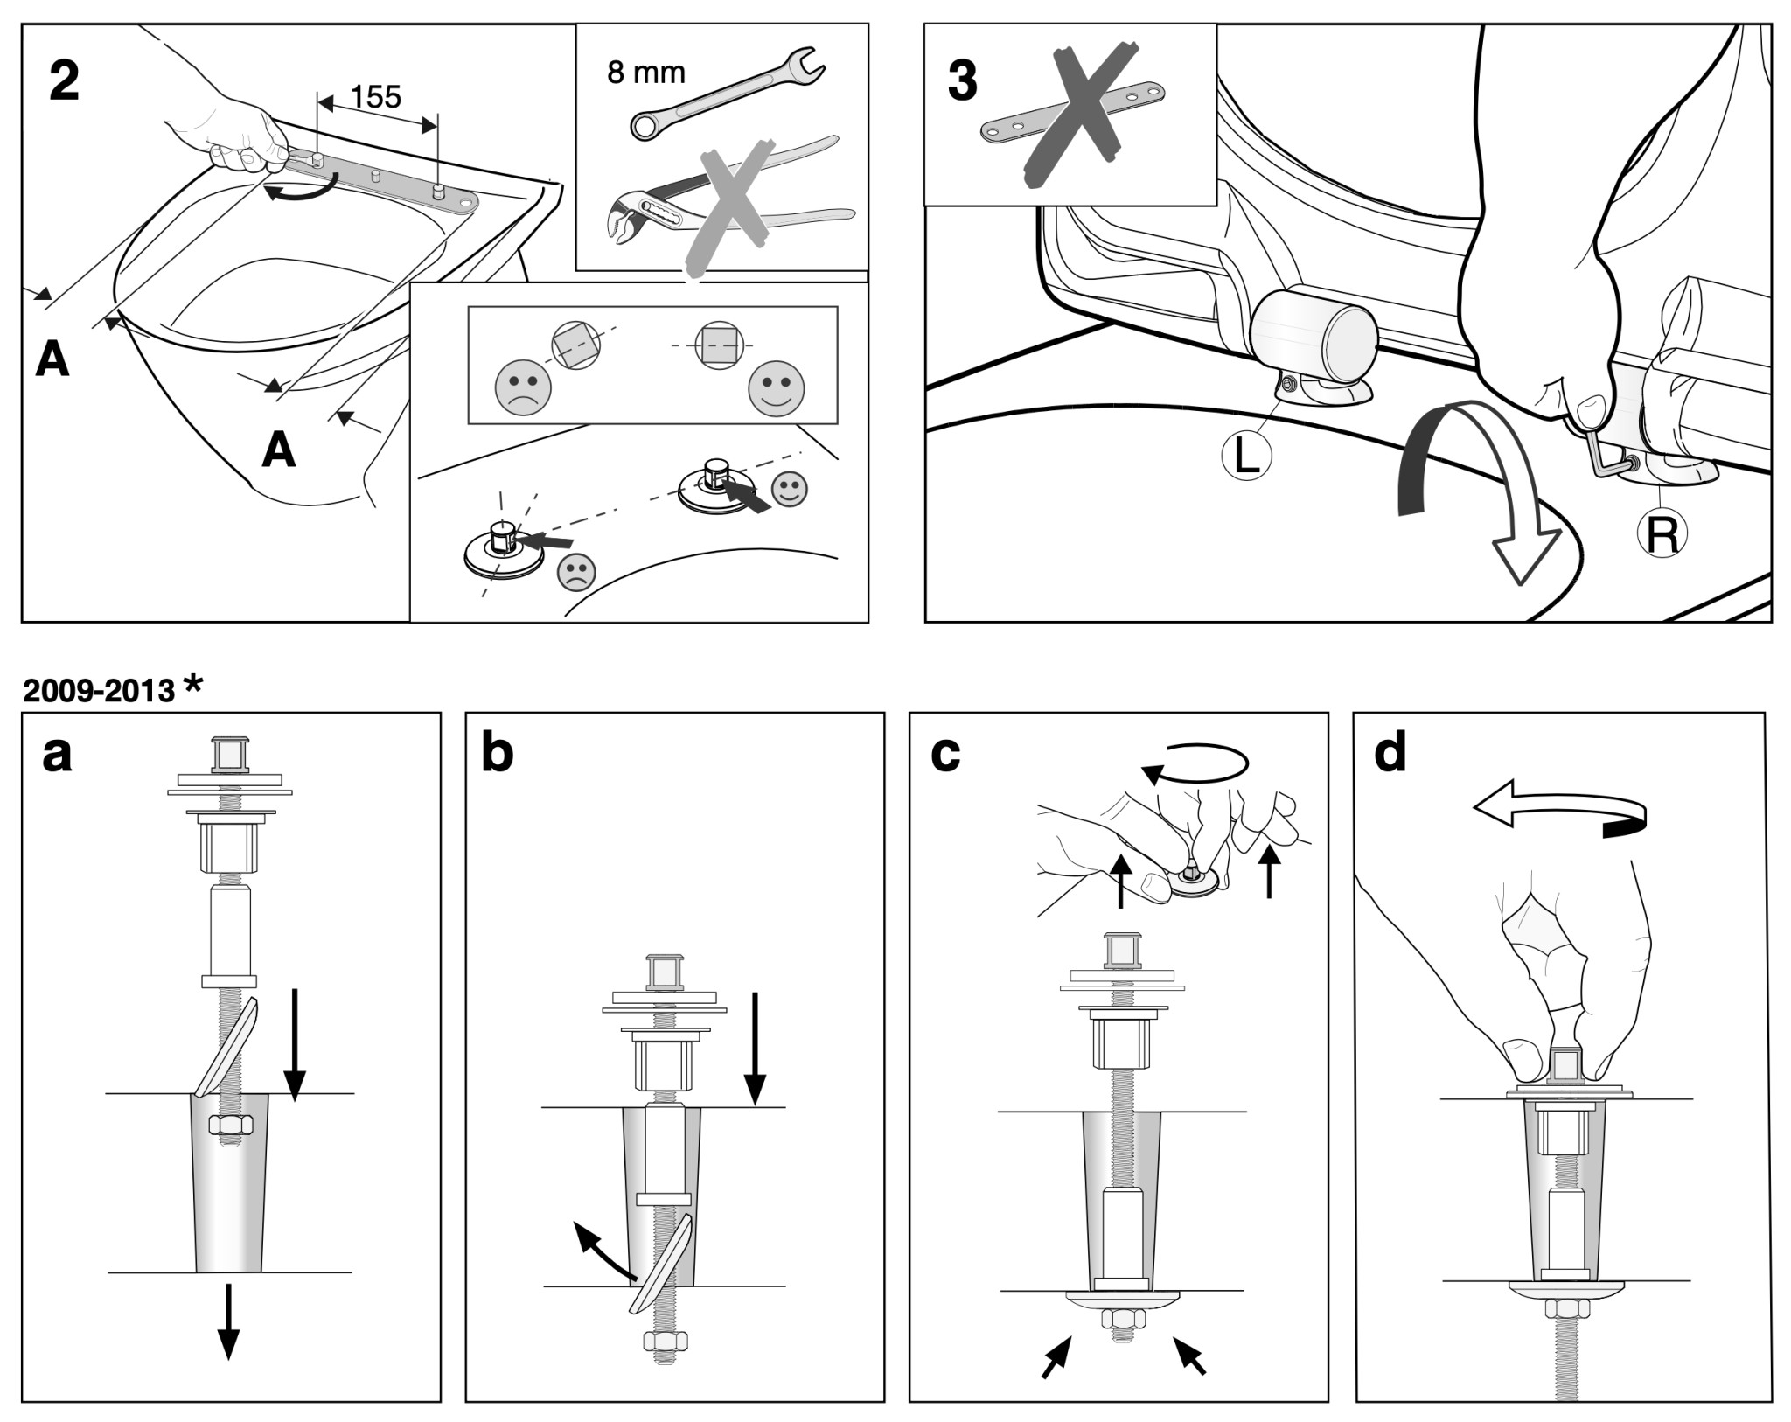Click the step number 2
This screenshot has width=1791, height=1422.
pyautogui.click(x=64, y=81)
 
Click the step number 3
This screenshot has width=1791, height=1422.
pyautogui.click(x=962, y=81)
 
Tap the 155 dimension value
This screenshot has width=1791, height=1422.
pyautogui.click(x=376, y=97)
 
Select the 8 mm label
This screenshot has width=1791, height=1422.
pyautogui.click(x=646, y=73)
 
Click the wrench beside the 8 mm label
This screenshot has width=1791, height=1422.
pyautogui.click(x=725, y=96)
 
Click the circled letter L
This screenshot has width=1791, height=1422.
pyautogui.click(x=1245, y=455)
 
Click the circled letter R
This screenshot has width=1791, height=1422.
pyautogui.click(x=1661, y=533)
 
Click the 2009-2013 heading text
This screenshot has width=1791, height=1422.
pyautogui.click(x=99, y=691)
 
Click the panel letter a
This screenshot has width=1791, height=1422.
pyautogui.click(x=57, y=754)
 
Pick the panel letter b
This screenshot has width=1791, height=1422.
pyautogui.click(x=497, y=754)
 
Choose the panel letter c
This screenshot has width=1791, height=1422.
pyautogui.click(x=945, y=754)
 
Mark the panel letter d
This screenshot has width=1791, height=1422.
pyautogui.click(x=1390, y=752)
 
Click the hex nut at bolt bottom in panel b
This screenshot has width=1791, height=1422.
pyautogui.click(x=665, y=1341)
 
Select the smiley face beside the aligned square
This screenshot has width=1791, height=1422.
pyautogui.click(x=777, y=388)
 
